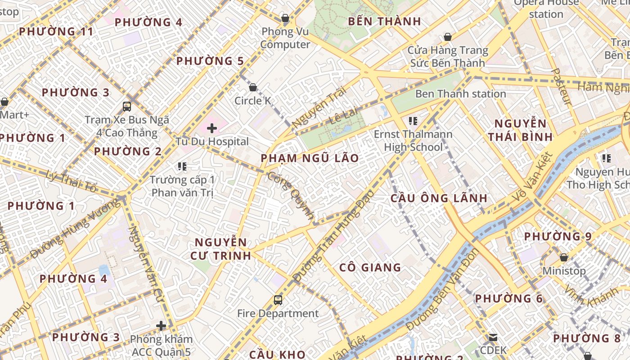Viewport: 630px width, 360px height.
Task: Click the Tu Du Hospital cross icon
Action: coord(212,128)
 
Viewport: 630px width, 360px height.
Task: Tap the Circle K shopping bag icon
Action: coord(253,87)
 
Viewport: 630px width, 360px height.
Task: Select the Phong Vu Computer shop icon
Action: coord(285,18)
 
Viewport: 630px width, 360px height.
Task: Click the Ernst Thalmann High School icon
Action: coord(413,121)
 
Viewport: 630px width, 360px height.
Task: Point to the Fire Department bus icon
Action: coord(278,300)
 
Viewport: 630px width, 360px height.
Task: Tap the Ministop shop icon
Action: coord(563,257)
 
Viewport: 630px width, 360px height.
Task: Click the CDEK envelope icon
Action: coord(493,337)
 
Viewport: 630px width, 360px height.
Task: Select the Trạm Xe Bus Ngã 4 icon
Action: coord(127,107)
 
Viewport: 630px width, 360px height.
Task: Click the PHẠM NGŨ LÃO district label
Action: coord(310,158)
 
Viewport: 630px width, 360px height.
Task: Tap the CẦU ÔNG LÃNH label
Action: coord(439,198)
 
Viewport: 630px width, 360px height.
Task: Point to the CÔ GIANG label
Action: coord(370,267)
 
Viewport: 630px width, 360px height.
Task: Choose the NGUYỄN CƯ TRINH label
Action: coord(220,249)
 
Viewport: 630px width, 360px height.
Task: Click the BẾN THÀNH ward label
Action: coord(384,21)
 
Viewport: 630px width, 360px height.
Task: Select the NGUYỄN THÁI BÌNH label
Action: coord(521,130)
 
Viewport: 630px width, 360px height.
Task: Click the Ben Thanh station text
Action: coord(460,94)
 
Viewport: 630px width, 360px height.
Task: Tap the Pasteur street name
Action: coord(561,87)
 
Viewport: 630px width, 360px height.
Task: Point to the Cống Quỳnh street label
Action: coord(291,195)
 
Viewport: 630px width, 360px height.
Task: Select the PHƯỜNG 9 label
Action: coord(558,236)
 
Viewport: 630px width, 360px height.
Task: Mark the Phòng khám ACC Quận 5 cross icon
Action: coord(161,326)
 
